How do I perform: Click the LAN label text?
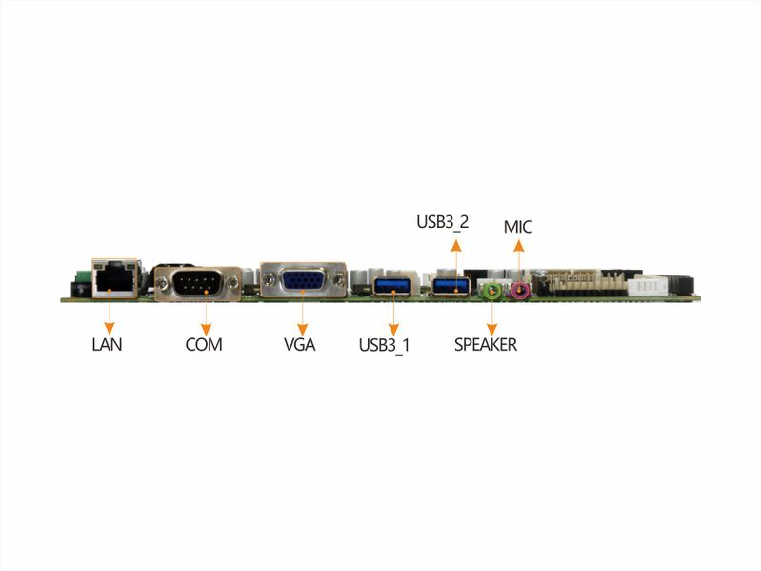tap(107, 344)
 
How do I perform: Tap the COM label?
tap(204, 344)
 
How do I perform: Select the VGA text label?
tap(299, 344)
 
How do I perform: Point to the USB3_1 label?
tap(385, 345)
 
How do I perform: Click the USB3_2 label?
tap(443, 222)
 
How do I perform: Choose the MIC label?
tap(518, 227)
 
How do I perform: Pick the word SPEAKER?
tap(486, 344)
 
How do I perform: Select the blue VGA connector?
tap(304, 279)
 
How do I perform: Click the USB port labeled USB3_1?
tap(393, 285)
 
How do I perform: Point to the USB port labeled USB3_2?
tap(451, 285)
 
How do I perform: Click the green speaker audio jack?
tap(492, 291)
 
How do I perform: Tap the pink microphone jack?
tap(520, 291)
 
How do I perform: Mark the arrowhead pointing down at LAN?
tap(110, 329)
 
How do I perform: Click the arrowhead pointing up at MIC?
tap(519, 246)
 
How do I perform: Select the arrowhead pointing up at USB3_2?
tap(455, 245)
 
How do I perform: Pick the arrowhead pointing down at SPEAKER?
tap(492, 329)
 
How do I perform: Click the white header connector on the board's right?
tap(648, 285)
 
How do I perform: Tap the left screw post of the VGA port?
tap(270, 279)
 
